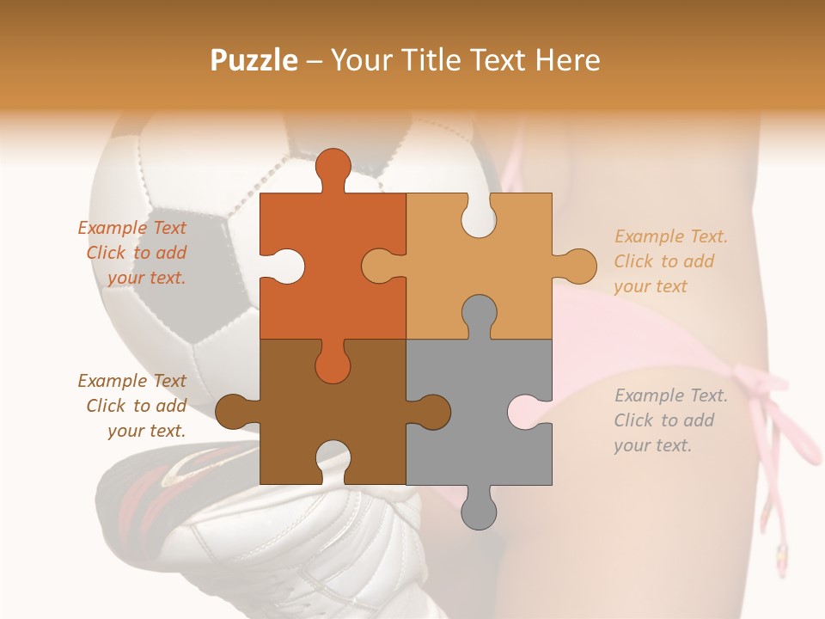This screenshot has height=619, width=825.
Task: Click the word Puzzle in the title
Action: pyautogui.click(x=254, y=61)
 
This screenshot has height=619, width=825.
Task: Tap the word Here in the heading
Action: pyautogui.click(x=568, y=60)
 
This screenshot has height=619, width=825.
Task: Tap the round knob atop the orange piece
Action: pyautogui.click(x=333, y=166)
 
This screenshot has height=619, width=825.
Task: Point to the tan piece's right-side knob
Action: pyautogui.click(x=579, y=266)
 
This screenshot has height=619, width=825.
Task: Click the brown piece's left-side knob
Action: pyautogui.click(x=232, y=411)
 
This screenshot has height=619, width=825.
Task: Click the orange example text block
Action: pyautogui.click(x=132, y=253)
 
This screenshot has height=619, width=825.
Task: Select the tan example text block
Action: pyautogui.click(x=670, y=261)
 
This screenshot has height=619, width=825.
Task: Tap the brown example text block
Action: pyautogui.click(x=132, y=406)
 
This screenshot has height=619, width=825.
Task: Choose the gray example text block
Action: pyautogui.click(x=670, y=420)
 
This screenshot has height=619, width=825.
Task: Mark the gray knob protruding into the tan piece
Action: pyautogui.click(x=479, y=314)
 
